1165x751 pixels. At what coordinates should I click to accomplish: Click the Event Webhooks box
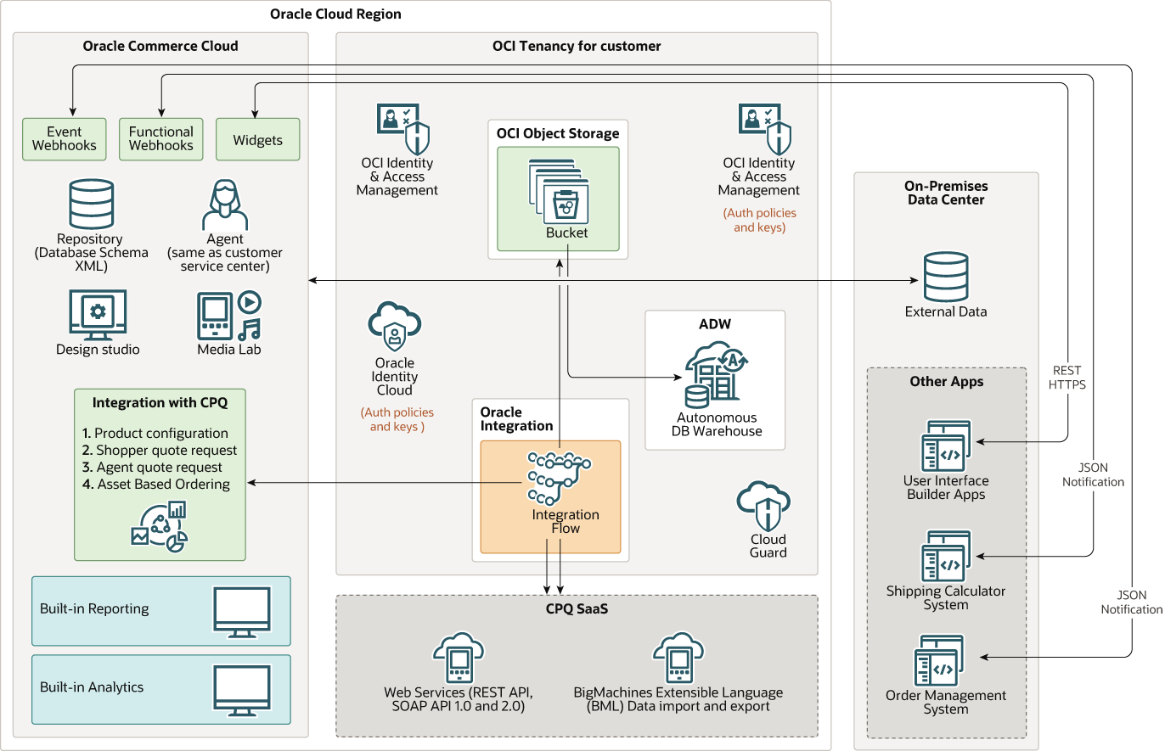(65, 139)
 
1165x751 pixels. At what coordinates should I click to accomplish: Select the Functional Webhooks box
(161, 139)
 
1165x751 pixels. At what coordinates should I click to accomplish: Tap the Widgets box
(257, 139)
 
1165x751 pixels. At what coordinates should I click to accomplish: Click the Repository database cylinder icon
(90, 204)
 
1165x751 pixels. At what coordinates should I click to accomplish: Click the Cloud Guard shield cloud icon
(765, 507)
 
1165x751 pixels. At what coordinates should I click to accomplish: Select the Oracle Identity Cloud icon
(395, 327)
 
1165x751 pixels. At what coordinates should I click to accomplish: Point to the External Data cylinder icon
(945, 277)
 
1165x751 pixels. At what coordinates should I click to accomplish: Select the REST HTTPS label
(1067, 378)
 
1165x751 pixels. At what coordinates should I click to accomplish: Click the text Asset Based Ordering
(163, 485)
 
